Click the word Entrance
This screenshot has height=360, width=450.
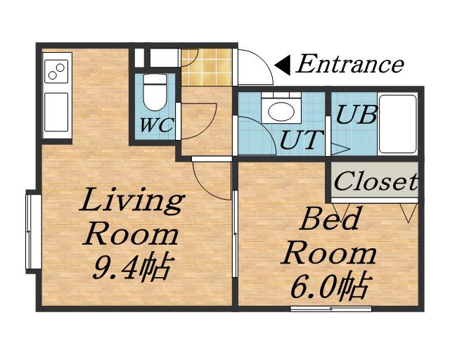tap(350, 63)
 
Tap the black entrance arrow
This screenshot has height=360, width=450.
tap(283, 65)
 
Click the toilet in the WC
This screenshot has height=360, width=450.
tap(155, 92)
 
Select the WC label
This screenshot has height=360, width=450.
tap(156, 125)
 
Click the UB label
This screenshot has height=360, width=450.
tap(356, 115)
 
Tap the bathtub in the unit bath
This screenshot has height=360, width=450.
tap(397, 124)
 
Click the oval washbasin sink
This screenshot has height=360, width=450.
tap(281, 111)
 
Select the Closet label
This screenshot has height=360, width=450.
tap(375, 181)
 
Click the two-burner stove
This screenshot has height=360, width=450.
tap(56, 71)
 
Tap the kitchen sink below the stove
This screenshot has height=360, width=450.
tap(56, 112)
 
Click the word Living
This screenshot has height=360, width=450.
tap(131, 200)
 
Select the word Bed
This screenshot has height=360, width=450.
tap(330, 219)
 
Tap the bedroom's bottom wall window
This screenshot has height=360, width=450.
tap(331, 309)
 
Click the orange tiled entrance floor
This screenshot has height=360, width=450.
tap(207, 67)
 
